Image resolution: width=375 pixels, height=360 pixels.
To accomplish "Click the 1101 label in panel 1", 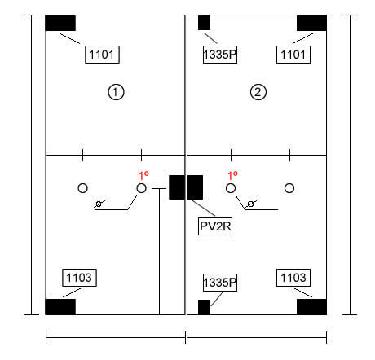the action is [102, 55].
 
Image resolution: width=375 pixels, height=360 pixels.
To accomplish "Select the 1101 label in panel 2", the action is [293, 55].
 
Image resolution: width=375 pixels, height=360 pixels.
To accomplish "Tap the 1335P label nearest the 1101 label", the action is [220, 55].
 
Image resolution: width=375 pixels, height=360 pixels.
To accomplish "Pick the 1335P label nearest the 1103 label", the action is [220, 283].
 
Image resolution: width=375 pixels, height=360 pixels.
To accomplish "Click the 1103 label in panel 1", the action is [79, 278].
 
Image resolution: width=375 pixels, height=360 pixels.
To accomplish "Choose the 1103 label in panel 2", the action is [293, 278].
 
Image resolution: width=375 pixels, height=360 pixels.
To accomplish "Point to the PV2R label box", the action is [215, 226].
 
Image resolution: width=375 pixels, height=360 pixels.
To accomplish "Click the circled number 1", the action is [116, 92].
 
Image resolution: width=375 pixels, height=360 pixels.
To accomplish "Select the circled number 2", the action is [258, 92].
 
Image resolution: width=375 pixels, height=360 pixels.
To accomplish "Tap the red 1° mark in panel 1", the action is [143, 176].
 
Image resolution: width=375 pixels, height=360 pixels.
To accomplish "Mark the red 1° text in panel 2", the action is [232, 176].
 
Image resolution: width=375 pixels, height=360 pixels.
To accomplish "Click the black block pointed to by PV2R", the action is [186, 187].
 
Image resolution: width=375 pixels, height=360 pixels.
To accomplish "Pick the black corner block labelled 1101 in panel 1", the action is [60, 23].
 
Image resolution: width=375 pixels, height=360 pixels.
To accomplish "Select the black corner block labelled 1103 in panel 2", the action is [311, 307].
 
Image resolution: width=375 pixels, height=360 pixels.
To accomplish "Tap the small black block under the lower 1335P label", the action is [204, 307].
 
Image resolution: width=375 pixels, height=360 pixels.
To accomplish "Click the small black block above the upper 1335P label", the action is [204, 23].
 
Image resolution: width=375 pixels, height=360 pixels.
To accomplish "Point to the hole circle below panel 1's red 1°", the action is [141, 188].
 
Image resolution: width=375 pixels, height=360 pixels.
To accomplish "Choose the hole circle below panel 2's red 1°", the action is [231, 188].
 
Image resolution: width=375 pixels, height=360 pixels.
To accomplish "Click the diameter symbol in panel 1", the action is [99, 204].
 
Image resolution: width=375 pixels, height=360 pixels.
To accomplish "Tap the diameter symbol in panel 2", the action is [251, 204].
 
